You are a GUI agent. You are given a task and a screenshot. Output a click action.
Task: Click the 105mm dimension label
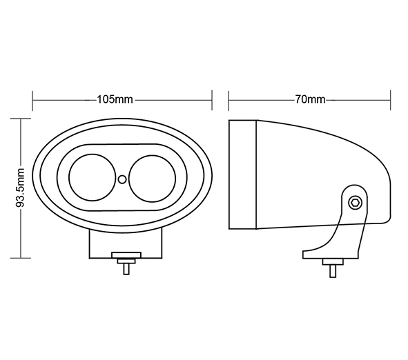pos(115,99)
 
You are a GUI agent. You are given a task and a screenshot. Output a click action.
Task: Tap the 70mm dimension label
pos(310,99)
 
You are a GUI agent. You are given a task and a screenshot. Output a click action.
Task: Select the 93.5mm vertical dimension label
pos(20,188)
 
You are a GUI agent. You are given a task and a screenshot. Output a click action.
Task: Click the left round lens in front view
pos(92,178)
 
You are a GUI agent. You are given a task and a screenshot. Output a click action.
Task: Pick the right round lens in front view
pos(152,179)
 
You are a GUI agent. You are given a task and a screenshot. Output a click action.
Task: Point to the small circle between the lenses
pos(122,179)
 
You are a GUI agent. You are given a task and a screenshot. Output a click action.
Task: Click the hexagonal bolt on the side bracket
pos(355,203)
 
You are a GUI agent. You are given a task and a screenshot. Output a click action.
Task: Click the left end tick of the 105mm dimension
pos(32,101)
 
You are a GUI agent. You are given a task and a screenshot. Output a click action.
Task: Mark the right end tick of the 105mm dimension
pos(212,100)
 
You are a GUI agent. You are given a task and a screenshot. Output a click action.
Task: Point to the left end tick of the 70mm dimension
pos(229,101)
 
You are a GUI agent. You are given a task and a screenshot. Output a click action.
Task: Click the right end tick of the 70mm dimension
pos(390,100)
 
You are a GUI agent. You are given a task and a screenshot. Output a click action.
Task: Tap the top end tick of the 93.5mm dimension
pos(21,119)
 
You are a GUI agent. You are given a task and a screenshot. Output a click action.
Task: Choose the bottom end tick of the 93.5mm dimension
pos(21,258)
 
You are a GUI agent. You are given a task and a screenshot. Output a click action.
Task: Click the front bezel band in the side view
pos(243,174)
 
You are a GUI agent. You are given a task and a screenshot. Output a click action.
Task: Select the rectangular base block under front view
pos(126,244)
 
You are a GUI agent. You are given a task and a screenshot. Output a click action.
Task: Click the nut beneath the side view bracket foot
pos(333,262)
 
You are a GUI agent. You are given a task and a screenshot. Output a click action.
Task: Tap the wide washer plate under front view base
pos(126,255)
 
